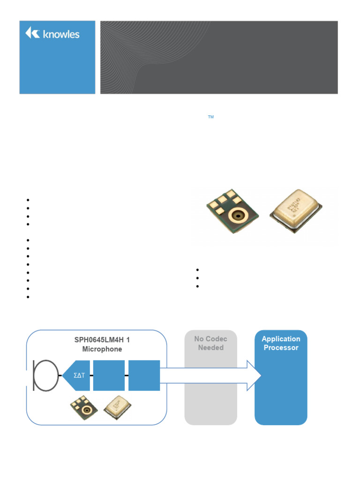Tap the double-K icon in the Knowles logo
point(32,33)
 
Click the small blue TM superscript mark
point(211,117)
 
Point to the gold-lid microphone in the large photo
point(295,211)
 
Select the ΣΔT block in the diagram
point(77,375)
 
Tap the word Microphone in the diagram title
point(102,349)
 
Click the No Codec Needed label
point(210,343)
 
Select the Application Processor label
point(281,343)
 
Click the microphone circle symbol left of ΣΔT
point(46,375)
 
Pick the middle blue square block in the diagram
point(109,375)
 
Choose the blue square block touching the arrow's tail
point(144,375)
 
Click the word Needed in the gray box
point(210,348)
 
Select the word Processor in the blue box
point(281,348)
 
